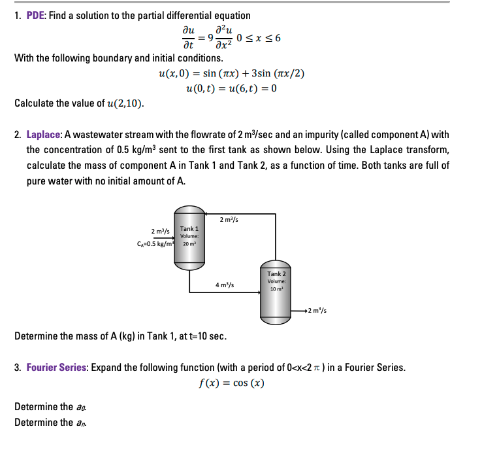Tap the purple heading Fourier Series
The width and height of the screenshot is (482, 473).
pyautogui.click(x=56, y=367)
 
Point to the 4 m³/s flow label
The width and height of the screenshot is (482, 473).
pyautogui.click(x=225, y=285)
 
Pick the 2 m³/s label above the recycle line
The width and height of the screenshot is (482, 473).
pyautogui.click(x=229, y=219)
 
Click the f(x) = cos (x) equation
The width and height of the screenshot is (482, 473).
pyautogui.click(x=231, y=383)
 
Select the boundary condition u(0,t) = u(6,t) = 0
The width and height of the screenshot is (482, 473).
pyautogui.click(x=231, y=88)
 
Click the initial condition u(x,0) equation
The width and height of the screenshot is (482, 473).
pyautogui.click(x=231, y=73)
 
